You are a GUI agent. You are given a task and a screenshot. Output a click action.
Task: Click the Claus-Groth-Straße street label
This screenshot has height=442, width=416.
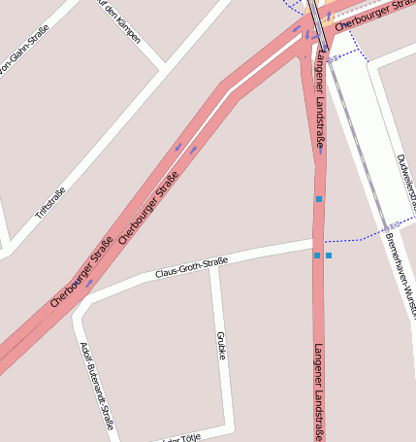(191, 267)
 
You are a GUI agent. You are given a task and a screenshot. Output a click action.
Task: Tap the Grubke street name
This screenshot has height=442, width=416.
(221, 344)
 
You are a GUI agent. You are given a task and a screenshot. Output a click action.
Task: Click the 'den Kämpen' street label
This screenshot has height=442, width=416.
(120, 21)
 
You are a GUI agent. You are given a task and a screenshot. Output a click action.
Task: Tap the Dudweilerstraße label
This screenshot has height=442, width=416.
(404, 183)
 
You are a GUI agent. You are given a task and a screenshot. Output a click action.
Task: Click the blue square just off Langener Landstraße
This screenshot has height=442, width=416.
(329, 255)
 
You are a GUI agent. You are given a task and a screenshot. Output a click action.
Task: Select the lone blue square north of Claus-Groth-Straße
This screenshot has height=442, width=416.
(318, 199)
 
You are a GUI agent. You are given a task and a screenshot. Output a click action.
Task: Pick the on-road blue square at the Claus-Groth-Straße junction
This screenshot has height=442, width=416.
(317, 255)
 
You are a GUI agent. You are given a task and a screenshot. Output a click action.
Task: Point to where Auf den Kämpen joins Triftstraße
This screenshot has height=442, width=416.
(161, 68)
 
